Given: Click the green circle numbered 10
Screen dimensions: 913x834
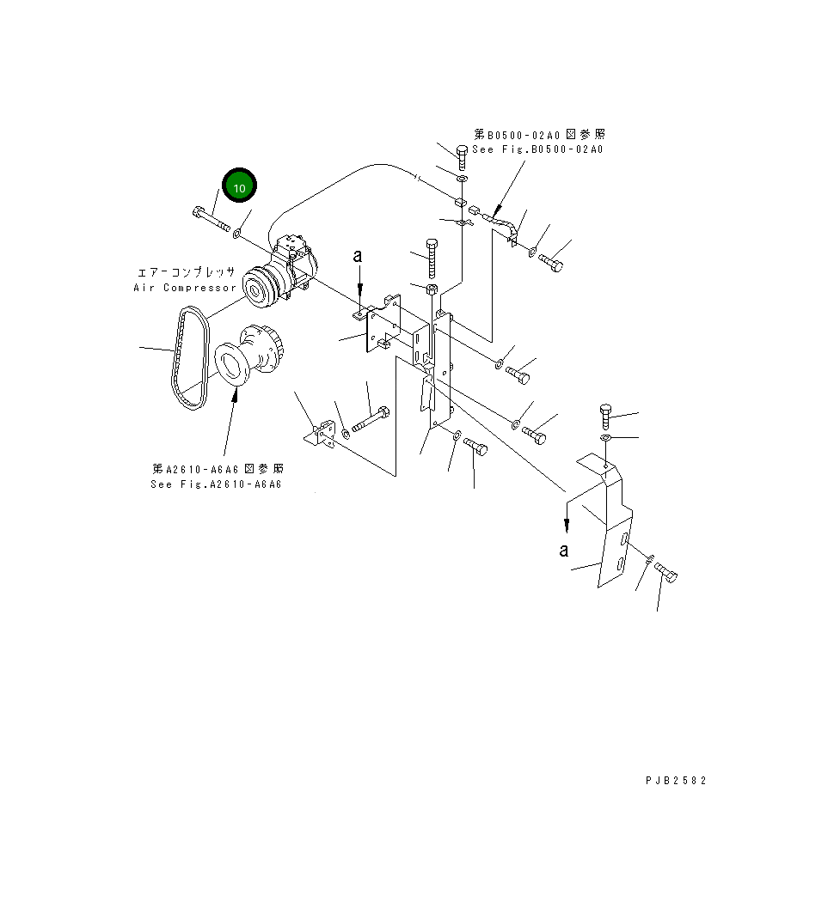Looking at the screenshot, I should pos(240,187).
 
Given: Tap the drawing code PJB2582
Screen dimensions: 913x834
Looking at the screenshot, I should pos(676,781).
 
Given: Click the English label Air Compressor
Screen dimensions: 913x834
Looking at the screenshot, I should pos(184,288).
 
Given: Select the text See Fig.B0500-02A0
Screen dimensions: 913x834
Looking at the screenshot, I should pos(539,149).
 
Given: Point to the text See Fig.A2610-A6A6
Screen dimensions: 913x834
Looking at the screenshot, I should pos(217,484).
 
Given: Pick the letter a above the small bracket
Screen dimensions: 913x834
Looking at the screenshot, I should pos(360,255).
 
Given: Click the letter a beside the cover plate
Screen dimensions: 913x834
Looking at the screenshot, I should pos(563,551).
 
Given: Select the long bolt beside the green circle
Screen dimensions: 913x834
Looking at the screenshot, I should pos(212,220).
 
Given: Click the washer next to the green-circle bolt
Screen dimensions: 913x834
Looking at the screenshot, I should pos(239,233).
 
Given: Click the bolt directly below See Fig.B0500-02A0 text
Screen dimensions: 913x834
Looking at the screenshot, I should pos(463,159).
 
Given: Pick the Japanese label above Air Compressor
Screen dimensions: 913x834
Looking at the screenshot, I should pos(184,271).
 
